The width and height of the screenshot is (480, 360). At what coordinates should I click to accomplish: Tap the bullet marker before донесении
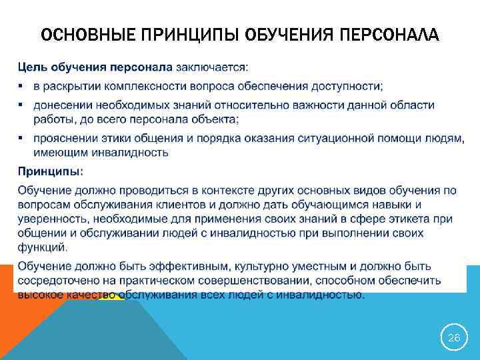[x=21, y=105]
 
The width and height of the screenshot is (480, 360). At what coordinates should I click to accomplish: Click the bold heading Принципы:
[x=50, y=171]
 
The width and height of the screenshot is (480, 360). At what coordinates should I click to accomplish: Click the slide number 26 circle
[x=453, y=338]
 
